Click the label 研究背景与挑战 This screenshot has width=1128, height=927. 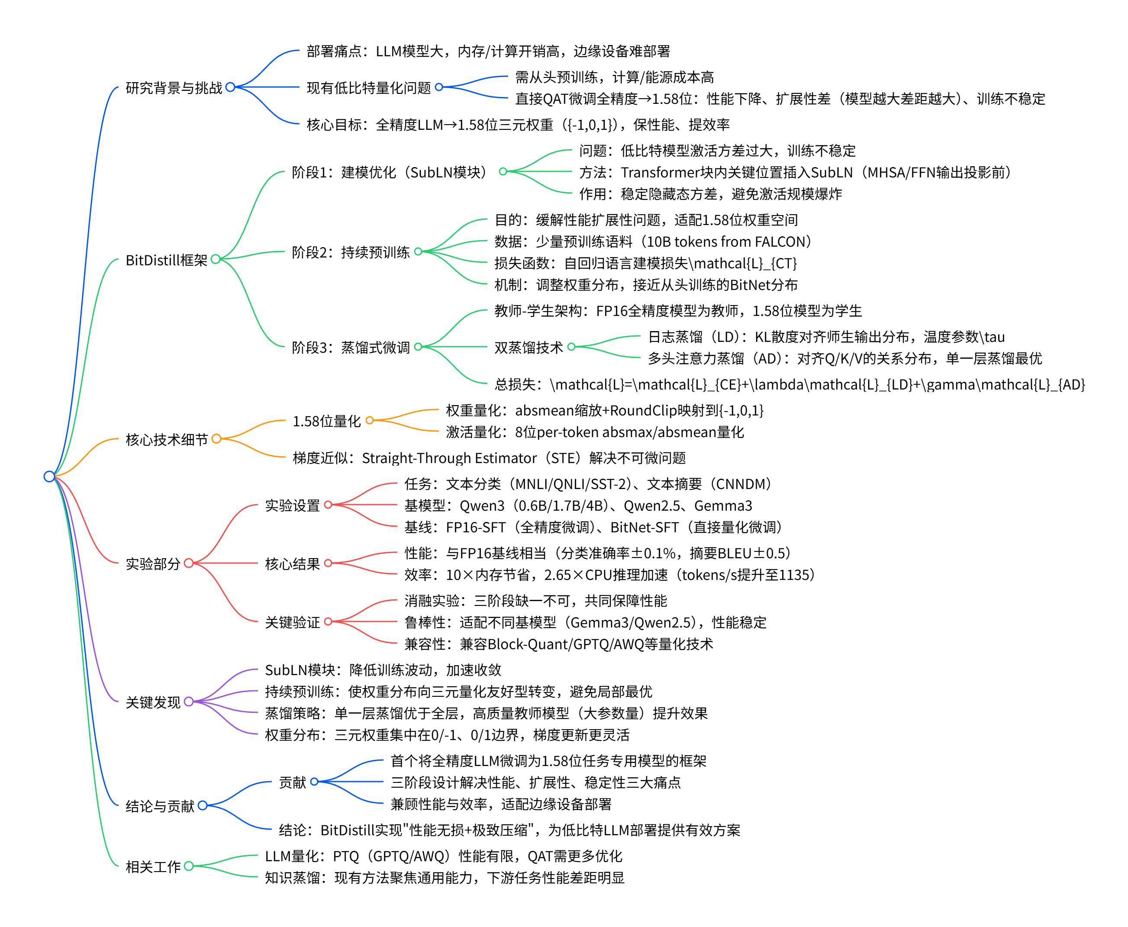coord(174,87)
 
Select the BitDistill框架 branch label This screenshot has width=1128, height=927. coord(166,260)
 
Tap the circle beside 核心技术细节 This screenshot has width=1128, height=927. coord(216,439)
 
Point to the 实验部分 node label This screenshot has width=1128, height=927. coord(153,563)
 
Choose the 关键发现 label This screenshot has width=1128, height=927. coord(153,702)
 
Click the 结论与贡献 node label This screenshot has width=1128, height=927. coord(160,806)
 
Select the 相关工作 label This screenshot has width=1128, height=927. coord(153,866)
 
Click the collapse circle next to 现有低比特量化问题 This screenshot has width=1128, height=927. coord(439,87)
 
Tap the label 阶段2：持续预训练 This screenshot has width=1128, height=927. coord(350,252)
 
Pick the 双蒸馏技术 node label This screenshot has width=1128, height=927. coord(528,347)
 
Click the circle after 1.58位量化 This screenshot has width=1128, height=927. coord(370,421)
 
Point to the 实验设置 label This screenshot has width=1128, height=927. coord(292,505)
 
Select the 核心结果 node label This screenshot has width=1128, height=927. coord(292,563)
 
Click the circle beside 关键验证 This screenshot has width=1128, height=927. coord(329,621)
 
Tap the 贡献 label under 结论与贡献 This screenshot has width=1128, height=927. coord(292,782)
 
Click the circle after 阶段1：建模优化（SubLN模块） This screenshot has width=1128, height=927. coord(503,171)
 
